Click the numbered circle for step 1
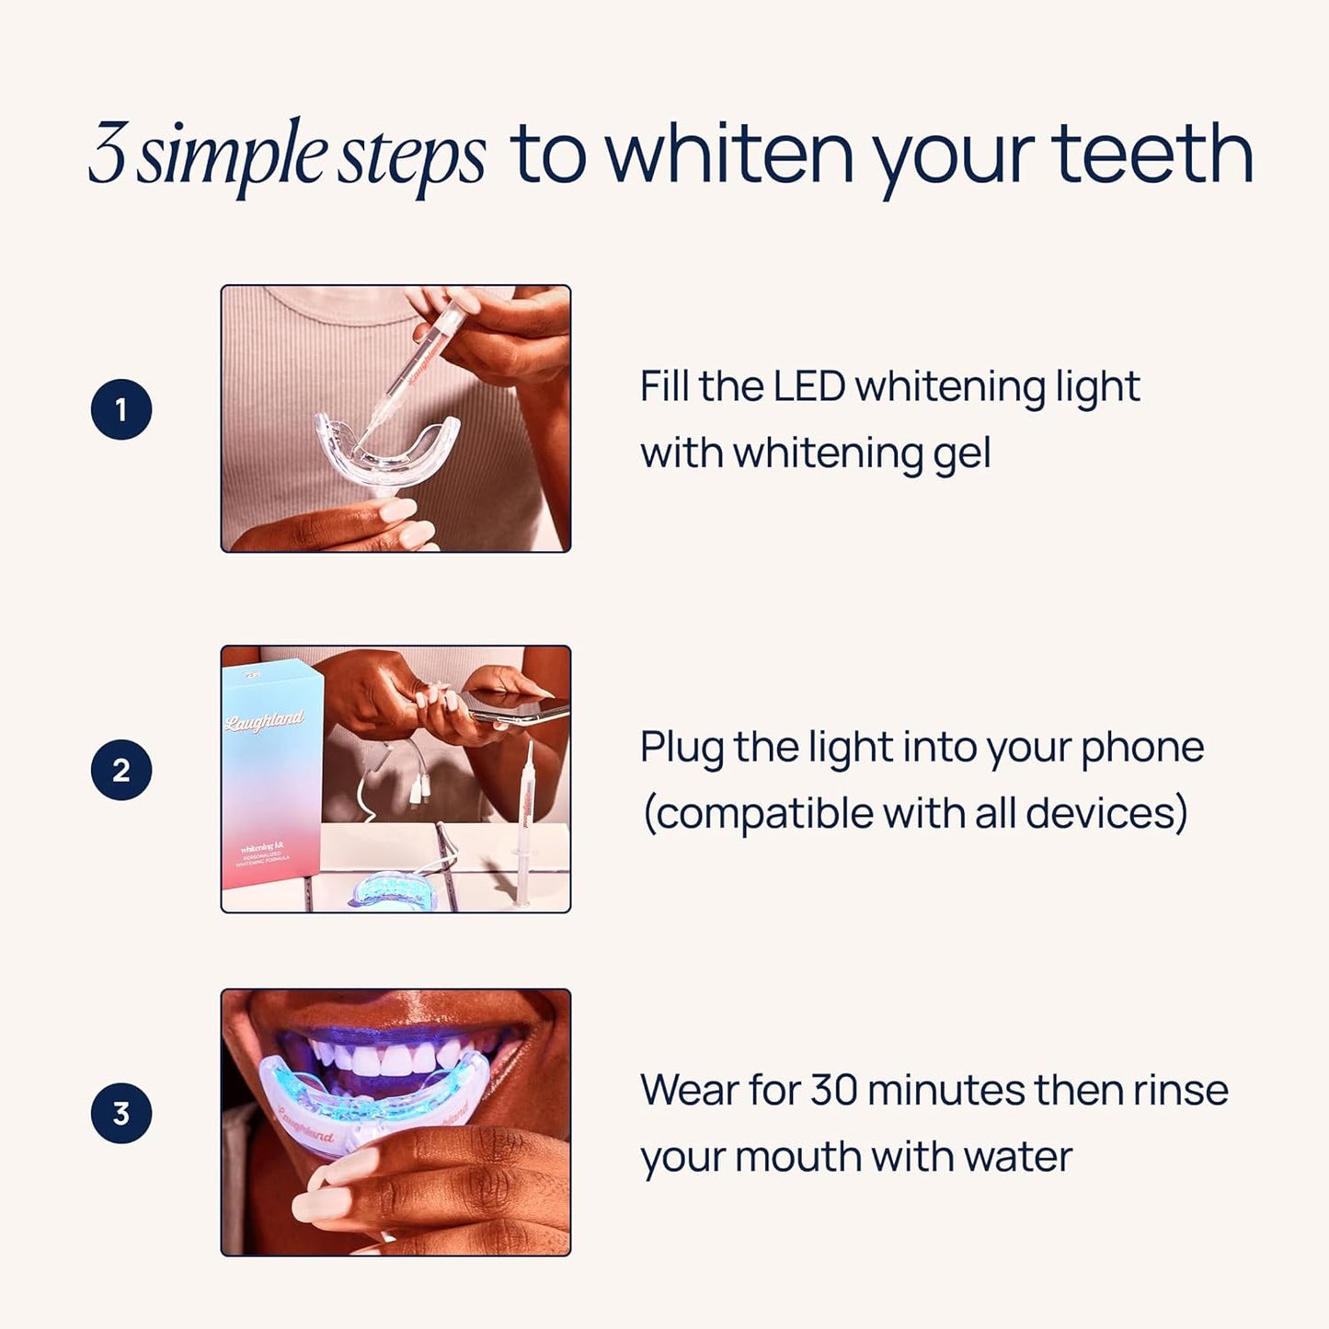121,409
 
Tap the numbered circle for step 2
121,770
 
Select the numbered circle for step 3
121,1114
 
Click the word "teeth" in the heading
1151,155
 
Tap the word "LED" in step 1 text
808,386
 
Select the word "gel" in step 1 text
962,454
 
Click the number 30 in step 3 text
833,1091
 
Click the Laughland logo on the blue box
264,720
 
